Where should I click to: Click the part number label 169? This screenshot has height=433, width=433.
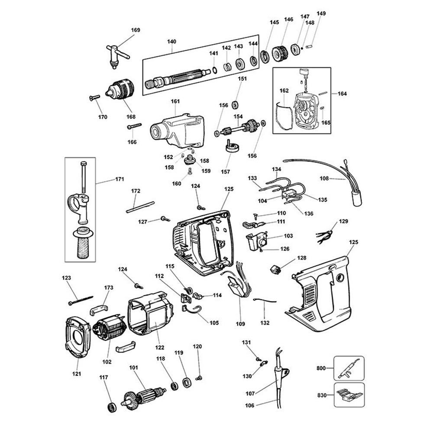click(136, 30)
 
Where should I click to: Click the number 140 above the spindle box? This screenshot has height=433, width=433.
click(171, 42)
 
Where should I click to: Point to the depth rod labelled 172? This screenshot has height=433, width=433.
click(140, 207)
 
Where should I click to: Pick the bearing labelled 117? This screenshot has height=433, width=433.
click(112, 407)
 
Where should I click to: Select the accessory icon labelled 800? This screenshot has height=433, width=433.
click(348, 368)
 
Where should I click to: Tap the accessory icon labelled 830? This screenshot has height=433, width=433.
click(348, 395)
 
